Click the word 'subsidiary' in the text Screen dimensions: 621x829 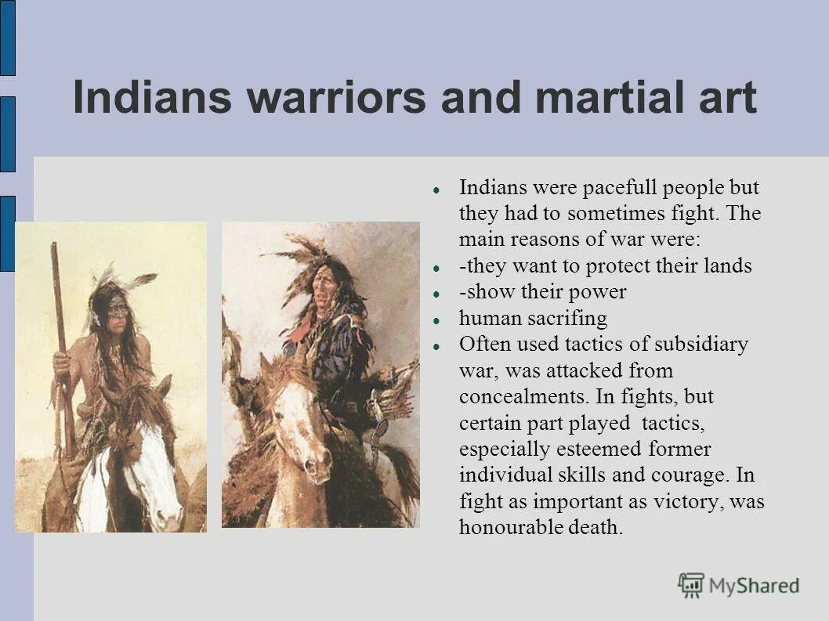click(x=700, y=345)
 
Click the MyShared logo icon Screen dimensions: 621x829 click(x=690, y=585)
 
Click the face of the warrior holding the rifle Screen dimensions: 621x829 click(x=116, y=310)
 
